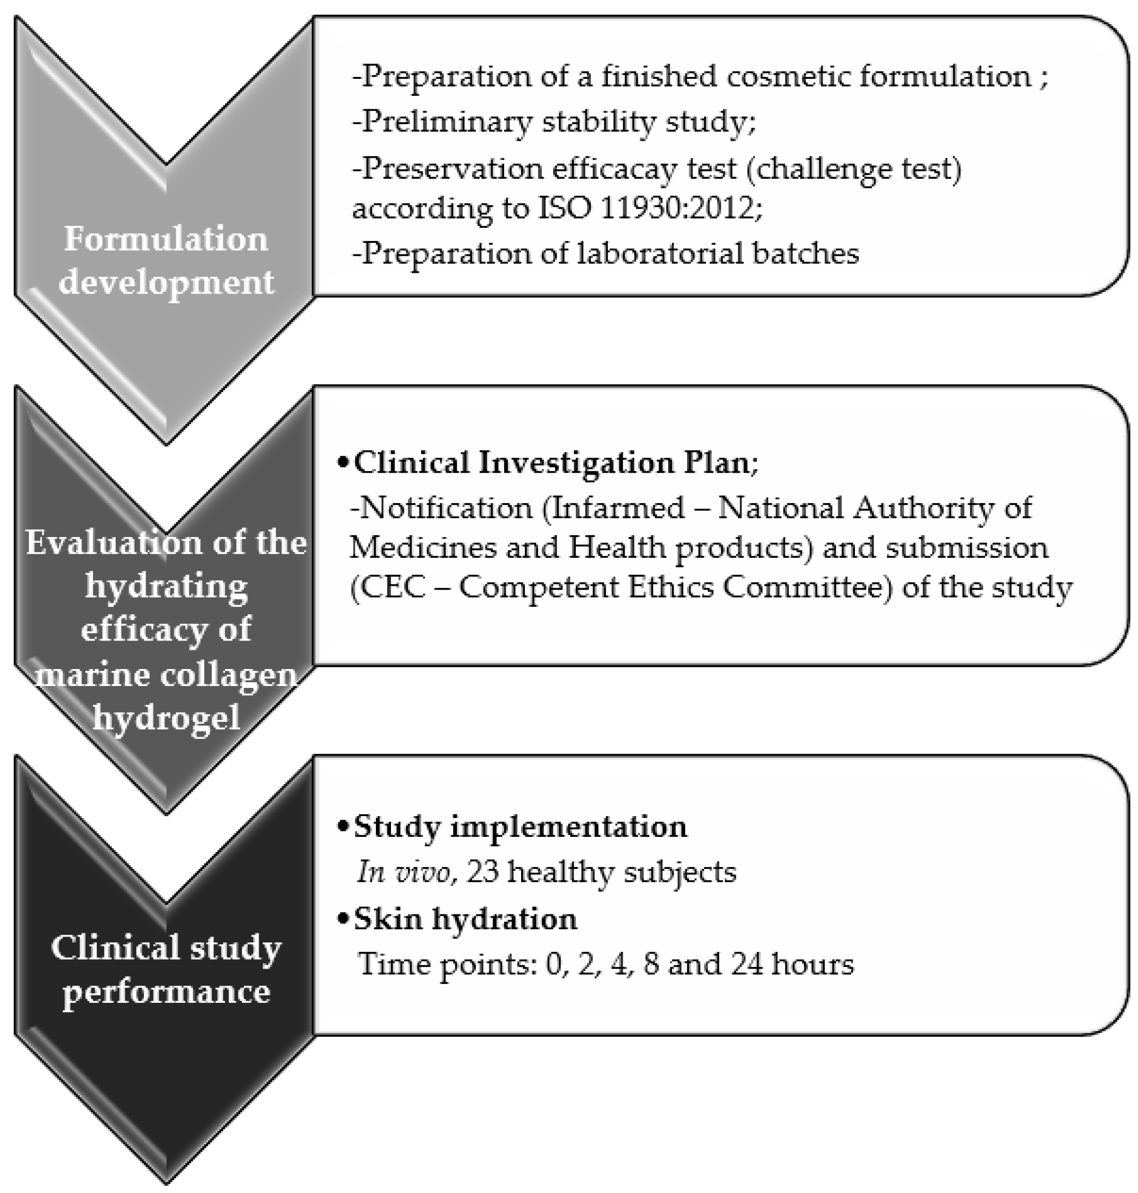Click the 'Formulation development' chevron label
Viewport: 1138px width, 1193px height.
point(165,260)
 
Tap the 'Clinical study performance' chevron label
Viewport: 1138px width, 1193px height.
point(165,969)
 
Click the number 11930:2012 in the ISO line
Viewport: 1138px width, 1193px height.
point(677,209)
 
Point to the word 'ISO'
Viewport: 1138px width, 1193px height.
point(564,209)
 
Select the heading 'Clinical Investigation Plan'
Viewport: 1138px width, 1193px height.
point(552,463)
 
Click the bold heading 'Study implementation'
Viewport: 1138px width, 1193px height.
point(520,826)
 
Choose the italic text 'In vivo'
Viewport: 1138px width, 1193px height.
point(405,872)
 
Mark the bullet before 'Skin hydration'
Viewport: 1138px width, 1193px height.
point(344,919)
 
